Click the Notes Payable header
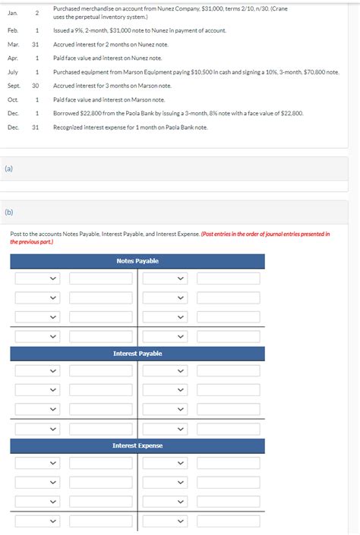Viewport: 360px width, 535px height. [137, 261]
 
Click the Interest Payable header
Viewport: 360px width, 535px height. [137, 354]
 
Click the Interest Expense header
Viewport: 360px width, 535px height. [137, 445]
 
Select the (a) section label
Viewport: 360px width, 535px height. [9, 168]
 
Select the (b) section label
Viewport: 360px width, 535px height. [9, 212]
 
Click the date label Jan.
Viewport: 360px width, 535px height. [12, 13]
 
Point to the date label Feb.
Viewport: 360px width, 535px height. [13, 30]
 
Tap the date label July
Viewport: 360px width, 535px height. [13, 71]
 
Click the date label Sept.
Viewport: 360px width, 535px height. [14, 86]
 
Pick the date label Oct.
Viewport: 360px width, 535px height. [13, 99]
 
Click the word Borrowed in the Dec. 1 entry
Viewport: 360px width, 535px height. [65, 113]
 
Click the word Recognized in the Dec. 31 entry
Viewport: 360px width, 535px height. [68, 127]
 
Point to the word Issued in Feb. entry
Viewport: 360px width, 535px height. [62, 30]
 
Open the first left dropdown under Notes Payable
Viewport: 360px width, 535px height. [37, 279]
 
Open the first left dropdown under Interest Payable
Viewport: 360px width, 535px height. [37, 371]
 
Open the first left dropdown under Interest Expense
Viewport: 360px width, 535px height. [37, 463]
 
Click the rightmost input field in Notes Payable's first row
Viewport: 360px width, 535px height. [228, 279]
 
